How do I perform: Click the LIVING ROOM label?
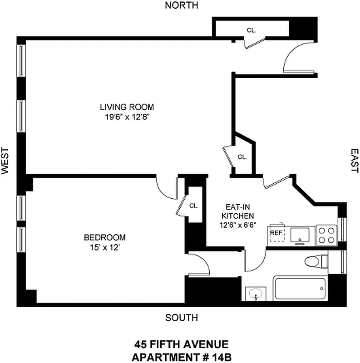pyautogui.click(x=127, y=107)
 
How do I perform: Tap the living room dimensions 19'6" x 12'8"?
pyautogui.click(x=127, y=117)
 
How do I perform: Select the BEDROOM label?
pyautogui.click(x=104, y=237)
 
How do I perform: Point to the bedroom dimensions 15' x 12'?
pyautogui.click(x=104, y=247)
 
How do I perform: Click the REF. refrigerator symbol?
pyautogui.click(x=276, y=233)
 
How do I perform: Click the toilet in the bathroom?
pyautogui.click(x=317, y=262)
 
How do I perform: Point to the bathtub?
pyautogui.click(x=300, y=289)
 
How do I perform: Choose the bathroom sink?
pyautogui.click(x=256, y=293)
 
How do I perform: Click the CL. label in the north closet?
pyautogui.click(x=252, y=30)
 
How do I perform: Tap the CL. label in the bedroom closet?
pyautogui.click(x=194, y=206)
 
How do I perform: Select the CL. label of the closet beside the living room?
pyautogui.click(x=242, y=157)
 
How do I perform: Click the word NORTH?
pyautogui.click(x=182, y=5)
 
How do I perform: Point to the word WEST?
pyautogui.click(x=5, y=161)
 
